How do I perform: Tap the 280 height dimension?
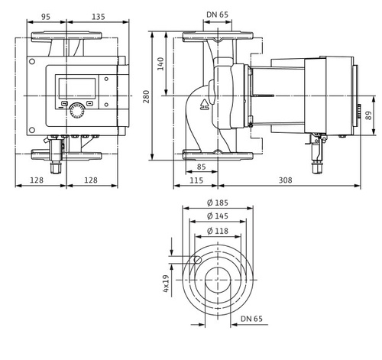tap(156, 96)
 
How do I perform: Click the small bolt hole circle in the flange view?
tap(198, 262)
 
